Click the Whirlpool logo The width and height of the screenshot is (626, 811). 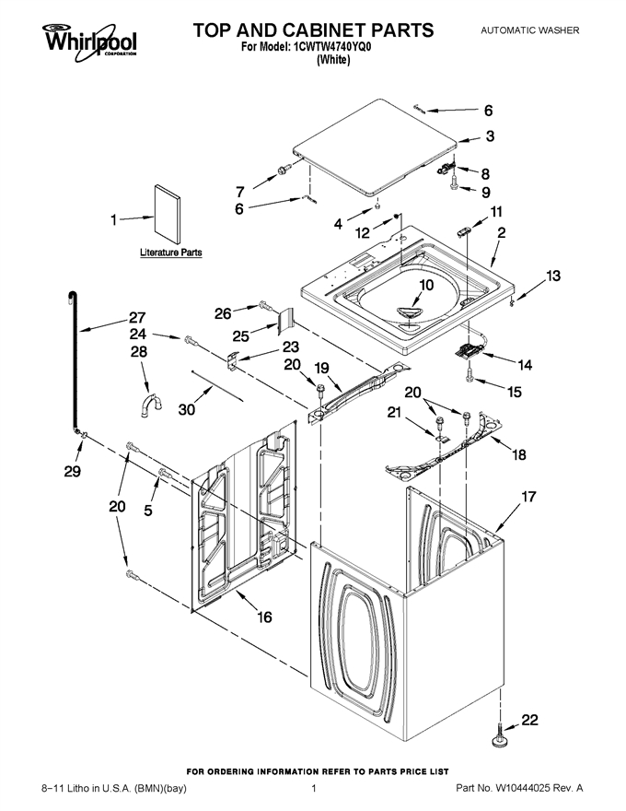click(x=89, y=41)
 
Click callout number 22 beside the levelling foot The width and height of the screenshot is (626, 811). click(x=529, y=720)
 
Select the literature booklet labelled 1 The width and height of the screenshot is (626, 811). click(x=168, y=214)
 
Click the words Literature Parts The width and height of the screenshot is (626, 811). click(x=171, y=253)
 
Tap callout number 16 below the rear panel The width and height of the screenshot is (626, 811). click(x=264, y=617)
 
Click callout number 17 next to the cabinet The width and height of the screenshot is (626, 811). click(x=528, y=497)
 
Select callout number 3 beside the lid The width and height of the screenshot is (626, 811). click(x=490, y=135)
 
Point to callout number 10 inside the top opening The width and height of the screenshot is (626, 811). click(x=426, y=285)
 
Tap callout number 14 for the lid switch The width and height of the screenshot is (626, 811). click(x=525, y=365)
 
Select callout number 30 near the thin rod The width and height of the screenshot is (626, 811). click(x=187, y=409)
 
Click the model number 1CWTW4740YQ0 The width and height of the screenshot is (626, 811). click(x=332, y=47)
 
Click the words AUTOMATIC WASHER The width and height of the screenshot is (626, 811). click(x=530, y=30)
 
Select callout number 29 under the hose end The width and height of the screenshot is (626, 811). click(x=73, y=471)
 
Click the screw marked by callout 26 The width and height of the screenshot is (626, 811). click(x=265, y=306)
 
